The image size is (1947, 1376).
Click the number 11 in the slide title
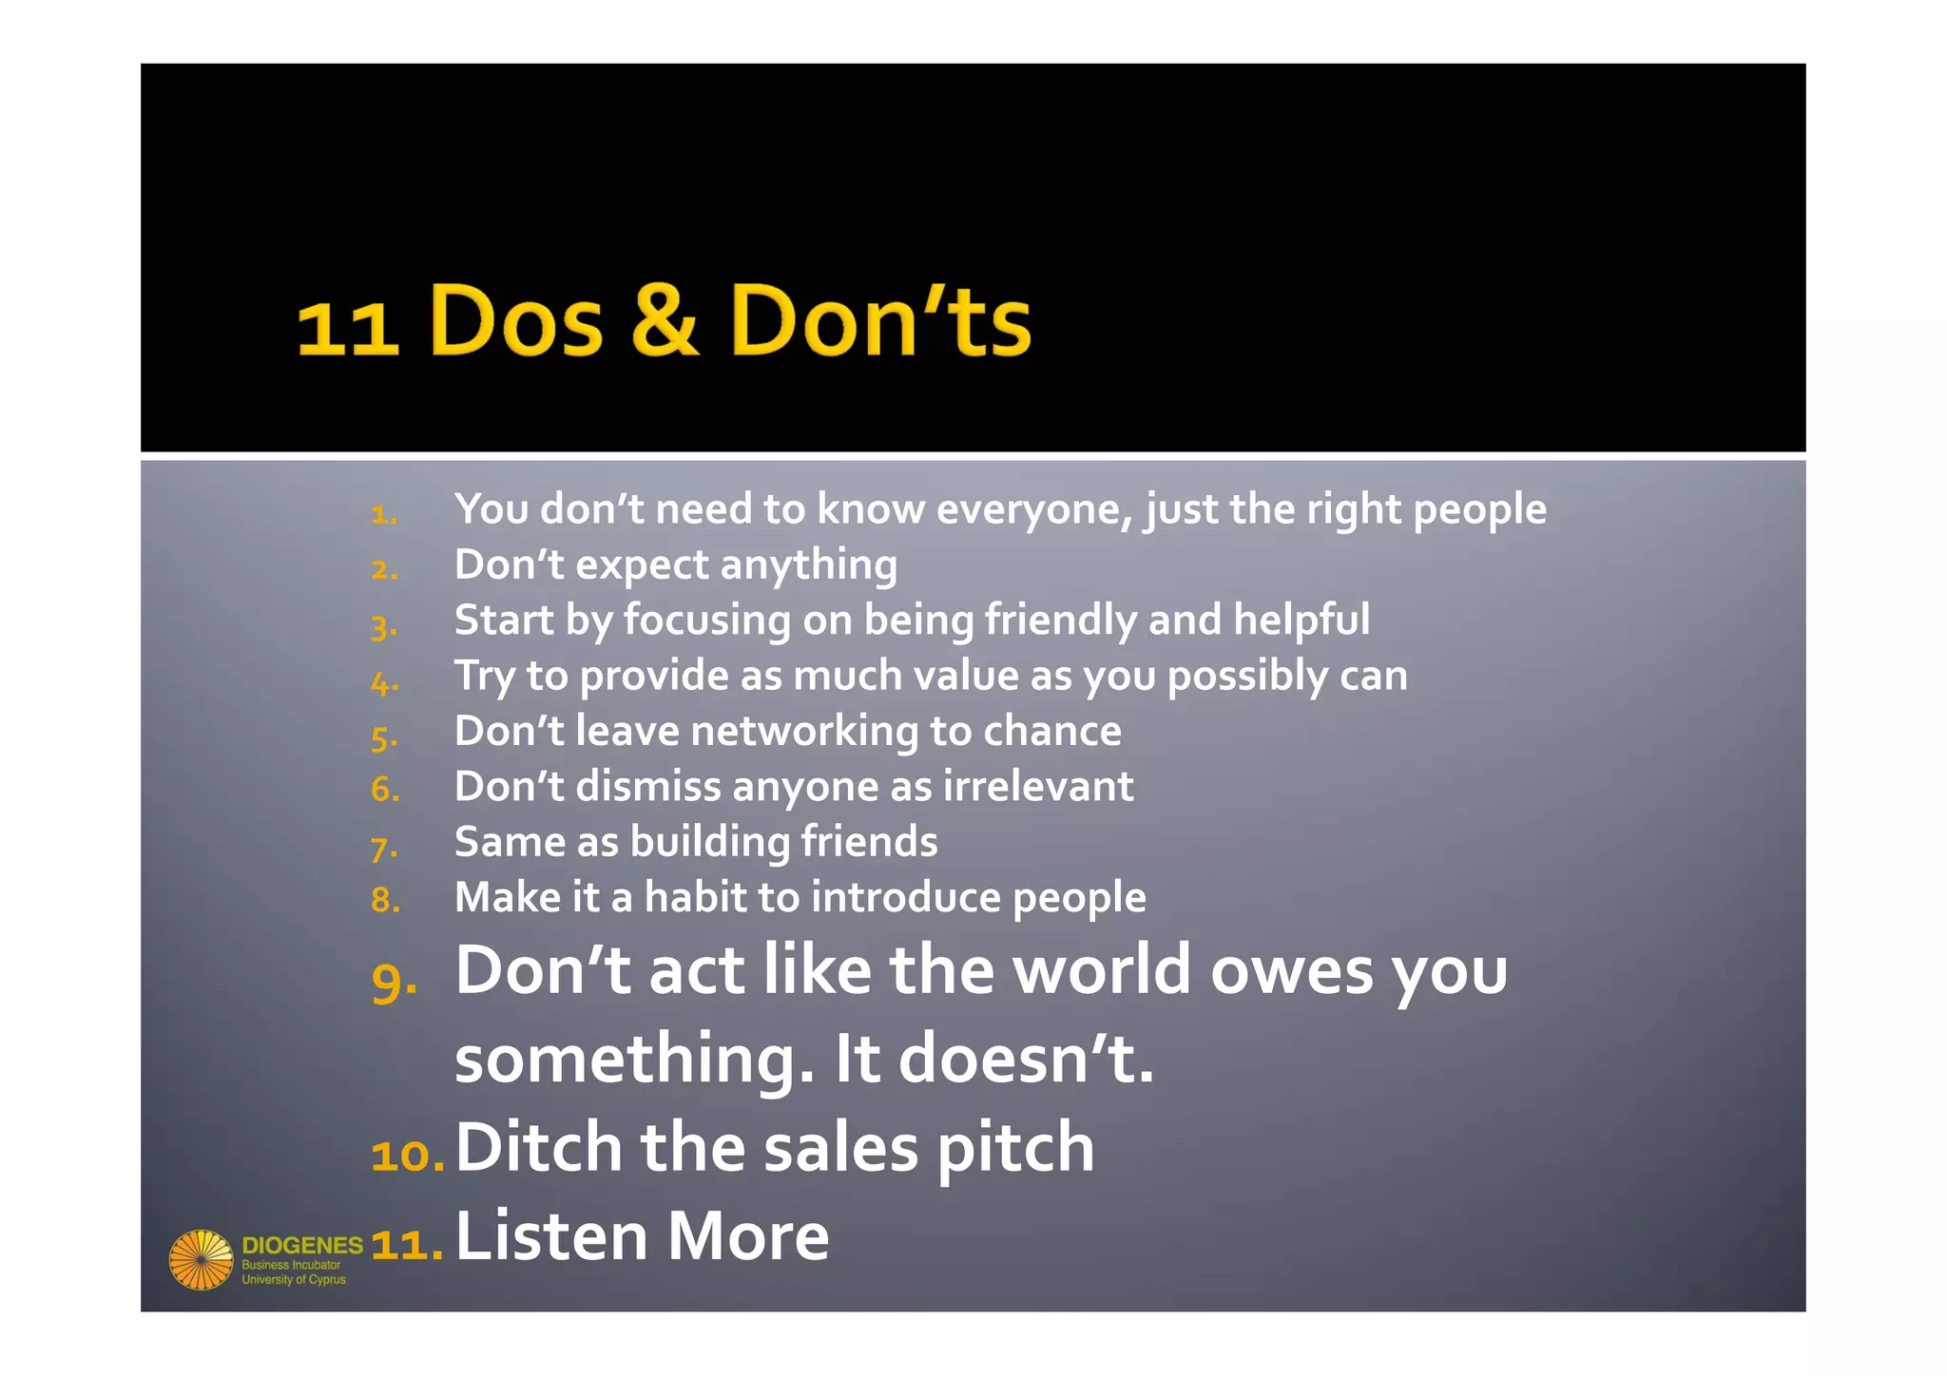pos(347,329)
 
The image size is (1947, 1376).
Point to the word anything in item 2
pos(808,565)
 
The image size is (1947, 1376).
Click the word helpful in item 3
pos(1301,620)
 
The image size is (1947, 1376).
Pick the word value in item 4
pos(966,676)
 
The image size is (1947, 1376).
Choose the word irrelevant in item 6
pos(1038,787)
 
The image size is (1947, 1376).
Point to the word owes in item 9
pos(1292,971)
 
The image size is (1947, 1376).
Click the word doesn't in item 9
pos(1026,1060)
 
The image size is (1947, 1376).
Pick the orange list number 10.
pos(407,1156)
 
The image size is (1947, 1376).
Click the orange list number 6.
pos(385,790)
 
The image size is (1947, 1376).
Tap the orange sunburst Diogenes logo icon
pos(201,1260)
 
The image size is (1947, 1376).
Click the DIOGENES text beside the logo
pos(302,1246)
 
